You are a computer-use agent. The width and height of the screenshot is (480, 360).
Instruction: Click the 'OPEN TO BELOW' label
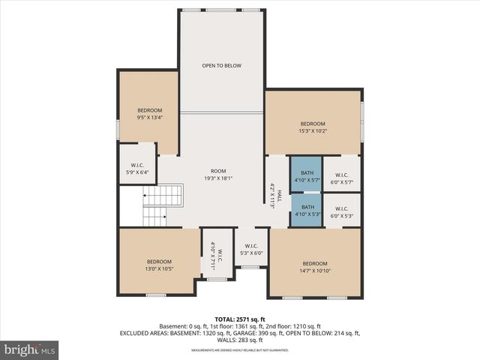[221, 66]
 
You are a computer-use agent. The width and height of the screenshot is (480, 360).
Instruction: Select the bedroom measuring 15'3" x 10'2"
[313, 127]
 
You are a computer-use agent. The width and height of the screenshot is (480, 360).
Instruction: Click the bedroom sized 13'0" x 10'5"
[158, 265]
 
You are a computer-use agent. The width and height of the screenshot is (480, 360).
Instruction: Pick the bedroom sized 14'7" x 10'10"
[315, 266]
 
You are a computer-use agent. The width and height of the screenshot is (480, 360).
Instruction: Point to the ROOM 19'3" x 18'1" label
[218, 175]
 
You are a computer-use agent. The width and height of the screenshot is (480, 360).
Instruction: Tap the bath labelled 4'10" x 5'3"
[307, 211]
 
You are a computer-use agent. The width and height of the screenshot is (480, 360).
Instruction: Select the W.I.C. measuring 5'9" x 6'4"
[137, 169]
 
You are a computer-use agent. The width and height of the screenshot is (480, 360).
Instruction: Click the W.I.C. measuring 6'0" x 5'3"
[341, 212]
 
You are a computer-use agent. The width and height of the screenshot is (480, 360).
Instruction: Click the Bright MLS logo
[30, 349]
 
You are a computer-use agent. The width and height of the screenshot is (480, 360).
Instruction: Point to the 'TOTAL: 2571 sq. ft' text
[240, 319]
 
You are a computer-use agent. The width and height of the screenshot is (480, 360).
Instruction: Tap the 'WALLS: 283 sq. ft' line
[240, 340]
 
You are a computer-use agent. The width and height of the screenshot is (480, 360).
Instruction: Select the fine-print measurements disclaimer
[240, 350]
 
